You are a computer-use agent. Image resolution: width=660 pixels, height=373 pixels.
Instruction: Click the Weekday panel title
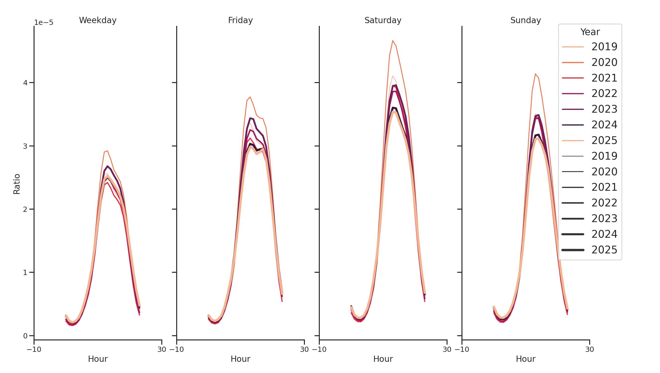pos(98,20)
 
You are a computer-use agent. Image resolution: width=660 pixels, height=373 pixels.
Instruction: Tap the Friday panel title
pos(240,20)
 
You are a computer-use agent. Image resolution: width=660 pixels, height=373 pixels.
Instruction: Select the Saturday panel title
pos(383,20)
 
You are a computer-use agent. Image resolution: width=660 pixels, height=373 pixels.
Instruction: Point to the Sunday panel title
pos(526,20)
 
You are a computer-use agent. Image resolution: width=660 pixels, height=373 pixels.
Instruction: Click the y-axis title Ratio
pos(17,184)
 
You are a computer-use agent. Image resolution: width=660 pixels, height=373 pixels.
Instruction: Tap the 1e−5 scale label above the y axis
pos(44,23)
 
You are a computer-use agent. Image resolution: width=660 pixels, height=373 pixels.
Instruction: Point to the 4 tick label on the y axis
pos(25,83)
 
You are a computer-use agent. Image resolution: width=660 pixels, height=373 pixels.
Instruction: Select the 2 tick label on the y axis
pos(25,209)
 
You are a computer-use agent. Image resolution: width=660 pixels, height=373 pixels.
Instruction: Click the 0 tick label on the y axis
pos(25,336)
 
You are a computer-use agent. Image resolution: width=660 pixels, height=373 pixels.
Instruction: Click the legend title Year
pos(590,32)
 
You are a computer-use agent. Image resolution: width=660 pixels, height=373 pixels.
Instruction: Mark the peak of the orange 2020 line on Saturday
pos(393,41)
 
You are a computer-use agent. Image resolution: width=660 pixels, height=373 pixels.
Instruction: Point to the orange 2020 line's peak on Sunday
pos(535,74)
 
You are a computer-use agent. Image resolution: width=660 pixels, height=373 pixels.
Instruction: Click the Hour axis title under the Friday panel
pos(240,359)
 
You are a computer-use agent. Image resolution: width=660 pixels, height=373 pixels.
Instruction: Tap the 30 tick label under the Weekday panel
pos(162,349)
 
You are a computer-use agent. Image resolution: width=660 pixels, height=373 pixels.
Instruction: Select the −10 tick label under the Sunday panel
pos(462,349)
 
